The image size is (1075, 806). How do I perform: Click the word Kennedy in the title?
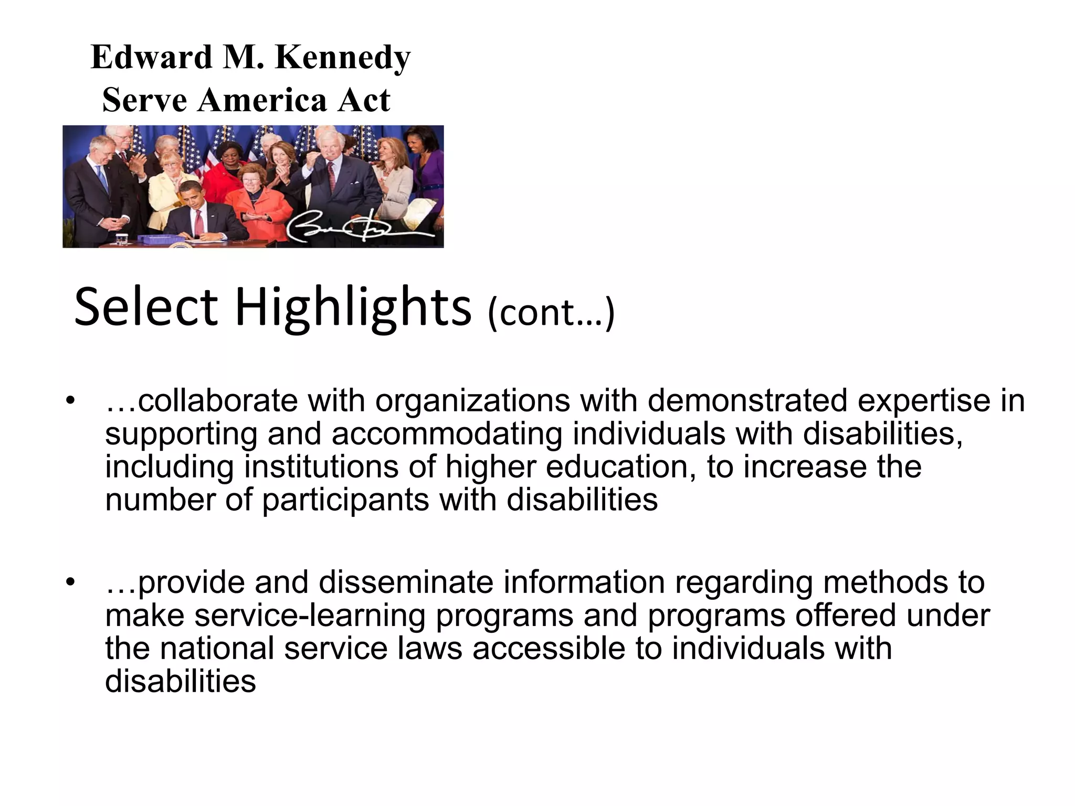(342, 58)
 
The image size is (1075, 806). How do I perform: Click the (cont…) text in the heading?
(551, 313)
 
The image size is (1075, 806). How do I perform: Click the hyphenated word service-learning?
(310, 616)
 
